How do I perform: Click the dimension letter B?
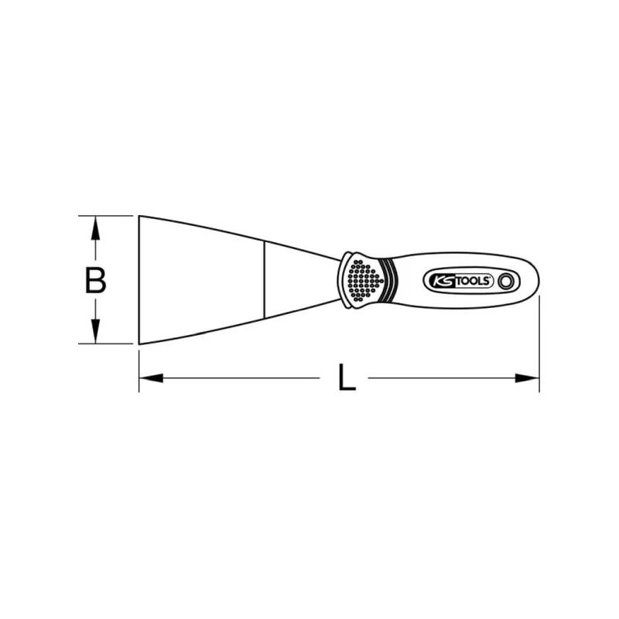95,279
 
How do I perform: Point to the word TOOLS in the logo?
474,282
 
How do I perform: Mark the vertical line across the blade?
263,279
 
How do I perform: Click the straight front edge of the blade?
139,279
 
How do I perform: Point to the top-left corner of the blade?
140,216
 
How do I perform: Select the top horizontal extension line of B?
108,215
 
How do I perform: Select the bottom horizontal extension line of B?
108,344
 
